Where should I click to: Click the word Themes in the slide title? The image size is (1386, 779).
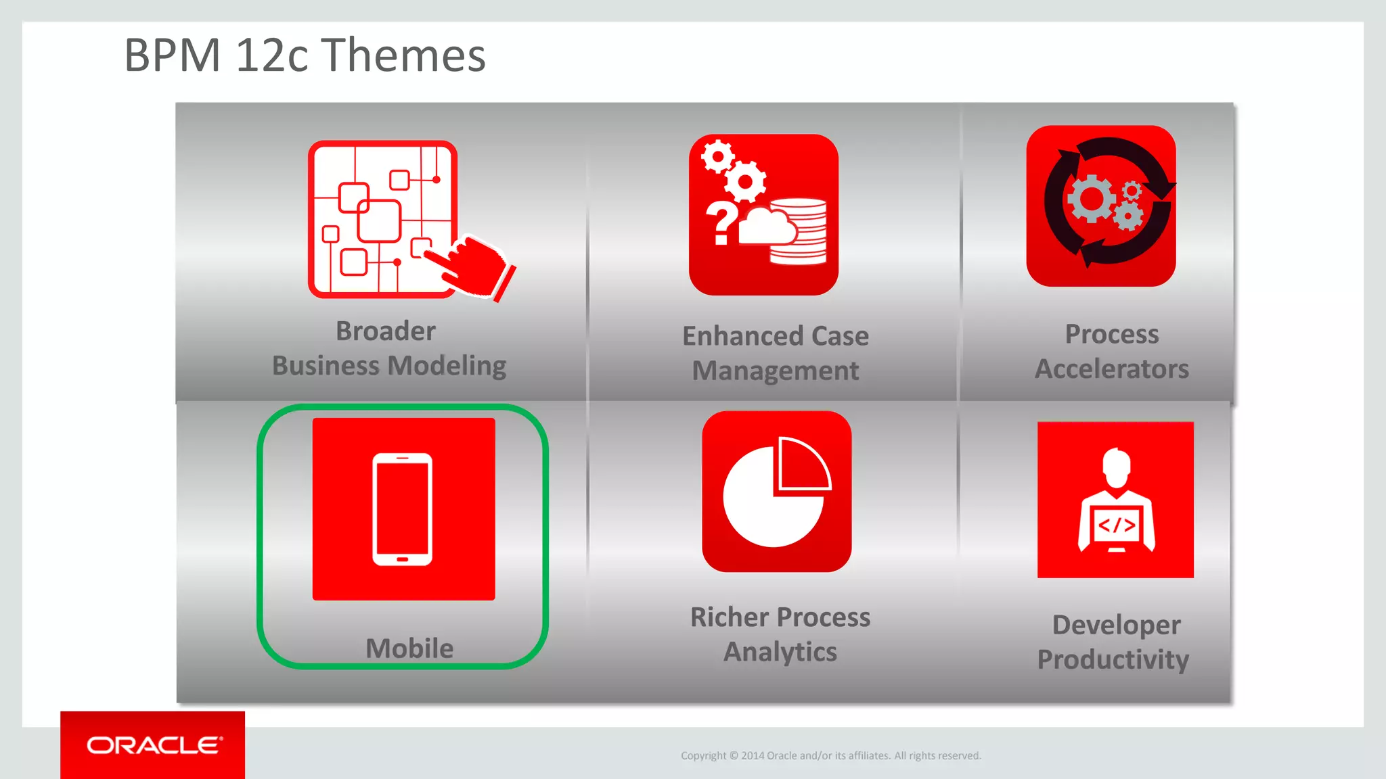coord(403,55)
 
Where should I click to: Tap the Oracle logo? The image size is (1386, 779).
coord(154,745)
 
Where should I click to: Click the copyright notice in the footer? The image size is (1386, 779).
coord(830,755)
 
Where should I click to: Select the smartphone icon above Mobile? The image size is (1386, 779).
coord(403,509)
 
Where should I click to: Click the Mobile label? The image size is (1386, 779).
coord(409,648)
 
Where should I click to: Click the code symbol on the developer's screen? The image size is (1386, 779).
coord(1116,525)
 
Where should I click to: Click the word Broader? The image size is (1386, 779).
coord(386,331)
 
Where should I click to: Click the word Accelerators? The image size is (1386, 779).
coord(1112,369)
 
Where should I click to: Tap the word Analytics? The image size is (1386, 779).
coord(780,652)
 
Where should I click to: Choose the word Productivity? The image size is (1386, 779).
coord(1113,659)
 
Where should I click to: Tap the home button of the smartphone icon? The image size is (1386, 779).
coord(403,559)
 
